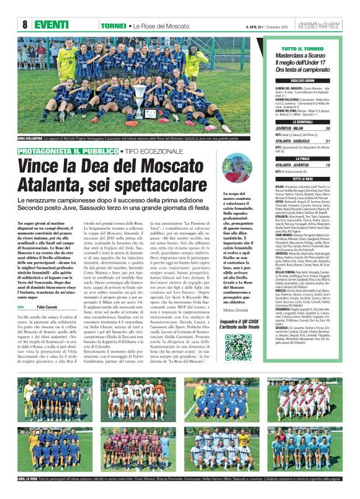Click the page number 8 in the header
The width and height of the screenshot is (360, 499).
(x=25, y=24)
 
